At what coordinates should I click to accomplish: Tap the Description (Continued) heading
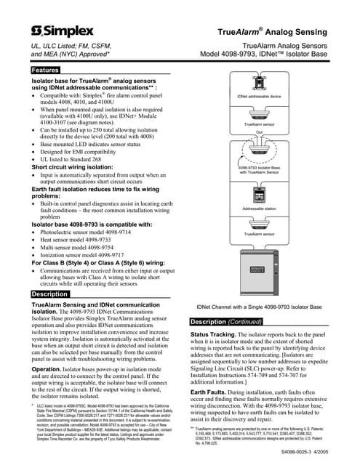click(x=225, y=321)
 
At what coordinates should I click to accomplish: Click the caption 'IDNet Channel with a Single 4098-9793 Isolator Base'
click(x=259, y=307)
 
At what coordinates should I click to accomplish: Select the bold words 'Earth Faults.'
click(x=209, y=411)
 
